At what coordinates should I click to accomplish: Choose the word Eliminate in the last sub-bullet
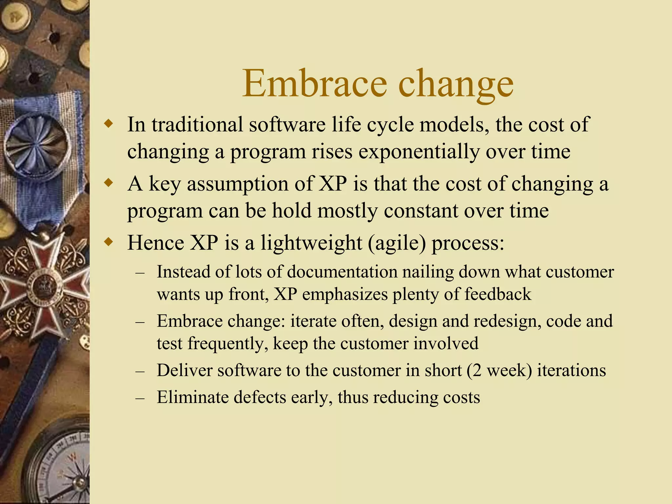[192, 397]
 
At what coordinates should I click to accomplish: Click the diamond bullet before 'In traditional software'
[108, 124]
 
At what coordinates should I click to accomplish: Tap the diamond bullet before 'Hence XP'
[108, 242]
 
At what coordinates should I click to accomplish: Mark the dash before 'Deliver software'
[140, 371]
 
